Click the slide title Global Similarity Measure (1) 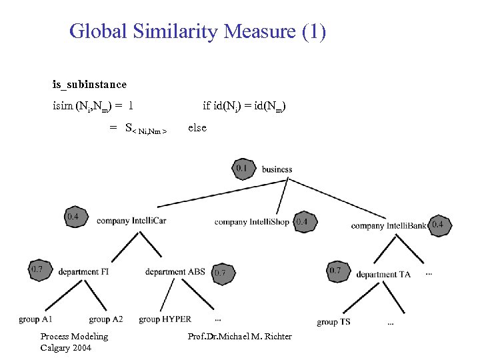tap(197, 31)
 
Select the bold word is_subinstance tap(89, 85)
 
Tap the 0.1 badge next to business tap(241, 169)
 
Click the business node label tap(277, 169)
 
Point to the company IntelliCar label tap(131, 221)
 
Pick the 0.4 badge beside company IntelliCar tap(73, 216)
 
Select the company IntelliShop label tap(251, 222)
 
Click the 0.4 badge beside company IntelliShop tap(302, 221)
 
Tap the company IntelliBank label tap(389, 226)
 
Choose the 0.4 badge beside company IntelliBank tap(438, 225)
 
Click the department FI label tap(83, 272)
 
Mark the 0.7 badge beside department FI tap(37, 269)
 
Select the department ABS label tap(175, 271)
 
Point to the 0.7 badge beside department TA tap(335, 271)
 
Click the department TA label tap(383, 275)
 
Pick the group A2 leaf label tap(106, 319)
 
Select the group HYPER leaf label tap(165, 319)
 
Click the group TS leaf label tap(333, 322)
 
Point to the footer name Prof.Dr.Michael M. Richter tap(240, 337)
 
